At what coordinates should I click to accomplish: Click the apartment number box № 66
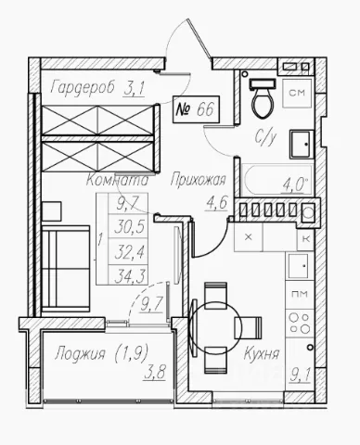(x=197, y=109)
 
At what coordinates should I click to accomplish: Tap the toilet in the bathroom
(x=263, y=97)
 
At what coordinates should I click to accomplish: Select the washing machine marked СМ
(x=297, y=93)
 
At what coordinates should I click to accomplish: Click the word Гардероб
(x=83, y=87)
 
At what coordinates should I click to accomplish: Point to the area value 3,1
(x=134, y=89)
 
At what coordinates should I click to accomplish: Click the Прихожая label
(x=199, y=180)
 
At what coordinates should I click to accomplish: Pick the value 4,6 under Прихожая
(x=216, y=203)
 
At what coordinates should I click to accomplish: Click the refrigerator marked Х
(x=249, y=237)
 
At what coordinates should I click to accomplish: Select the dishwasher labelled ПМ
(x=300, y=294)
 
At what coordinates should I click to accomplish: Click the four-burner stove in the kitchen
(x=300, y=324)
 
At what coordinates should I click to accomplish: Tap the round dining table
(x=212, y=328)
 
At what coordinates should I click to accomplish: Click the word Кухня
(x=262, y=353)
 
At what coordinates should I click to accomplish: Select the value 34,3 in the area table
(x=130, y=276)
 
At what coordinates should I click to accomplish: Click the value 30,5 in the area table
(x=130, y=228)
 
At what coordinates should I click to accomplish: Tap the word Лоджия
(x=80, y=354)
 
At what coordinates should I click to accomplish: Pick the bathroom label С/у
(x=265, y=137)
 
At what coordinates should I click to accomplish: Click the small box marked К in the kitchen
(x=305, y=238)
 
